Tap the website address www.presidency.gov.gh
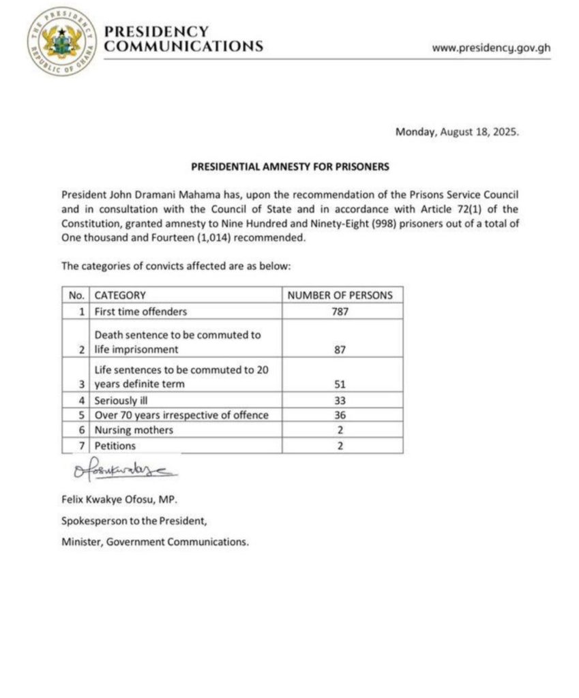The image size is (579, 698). (x=492, y=48)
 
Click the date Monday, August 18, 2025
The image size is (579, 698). (x=457, y=133)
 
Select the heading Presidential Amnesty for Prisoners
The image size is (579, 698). (x=290, y=166)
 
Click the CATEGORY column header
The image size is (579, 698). (x=120, y=295)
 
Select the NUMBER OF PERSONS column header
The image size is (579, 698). (x=340, y=295)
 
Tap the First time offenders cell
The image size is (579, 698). (x=140, y=312)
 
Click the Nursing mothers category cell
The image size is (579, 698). (x=134, y=430)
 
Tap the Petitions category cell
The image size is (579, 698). (x=115, y=446)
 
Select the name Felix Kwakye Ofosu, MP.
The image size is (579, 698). (x=119, y=500)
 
